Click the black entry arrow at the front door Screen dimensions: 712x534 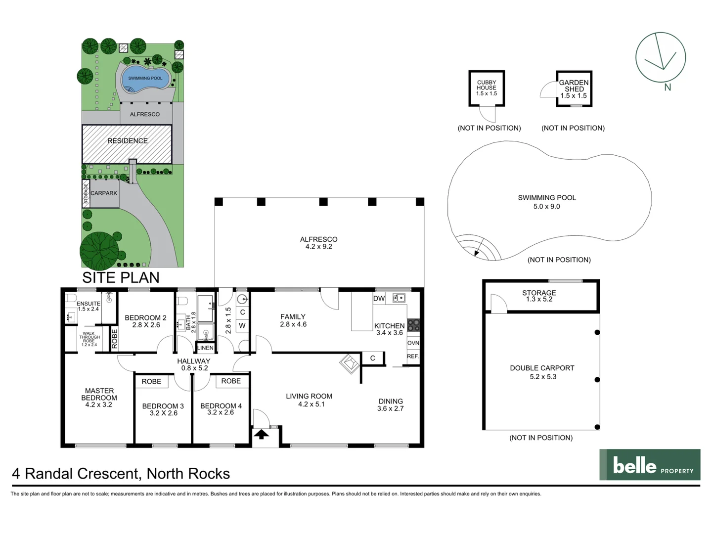pos(262,434)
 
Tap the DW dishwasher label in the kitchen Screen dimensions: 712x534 pos(379,298)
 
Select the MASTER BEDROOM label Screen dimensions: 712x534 pos(99,394)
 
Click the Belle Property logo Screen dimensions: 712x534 pos(650,465)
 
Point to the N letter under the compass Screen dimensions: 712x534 pos(667,88)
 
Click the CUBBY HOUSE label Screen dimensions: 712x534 pos(487,85)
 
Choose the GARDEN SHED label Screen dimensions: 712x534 pos(574,86)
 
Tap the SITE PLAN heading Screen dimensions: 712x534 pos(121,277)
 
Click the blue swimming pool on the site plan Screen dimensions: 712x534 pos(145,79)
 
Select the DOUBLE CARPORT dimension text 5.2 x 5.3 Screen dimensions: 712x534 pos(543,377)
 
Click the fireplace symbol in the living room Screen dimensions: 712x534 pos(350,363)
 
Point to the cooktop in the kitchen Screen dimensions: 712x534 pos(413,325)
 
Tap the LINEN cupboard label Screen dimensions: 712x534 pos(205,348)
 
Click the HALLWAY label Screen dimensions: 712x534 pos(194,361)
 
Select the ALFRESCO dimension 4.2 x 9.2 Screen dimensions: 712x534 pos(319,247)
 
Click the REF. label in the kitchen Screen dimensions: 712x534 pos(413,356)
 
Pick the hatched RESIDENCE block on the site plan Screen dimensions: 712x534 pos(127,143)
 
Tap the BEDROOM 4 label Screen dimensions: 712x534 pos(221,406)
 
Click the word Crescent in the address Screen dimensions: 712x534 pos(109,474)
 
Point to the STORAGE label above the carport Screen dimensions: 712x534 pos(539,293)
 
